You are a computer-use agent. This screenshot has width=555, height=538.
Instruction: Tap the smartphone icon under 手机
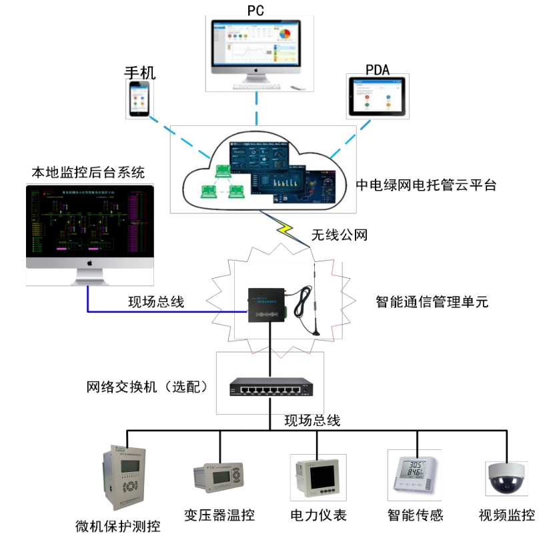(x=139, y=99)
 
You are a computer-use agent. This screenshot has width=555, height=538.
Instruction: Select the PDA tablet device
(x=378, y=98)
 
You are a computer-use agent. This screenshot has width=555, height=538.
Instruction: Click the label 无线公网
(x=340, y=235)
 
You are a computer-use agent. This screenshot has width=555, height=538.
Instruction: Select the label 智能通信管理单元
(x=432, y=302)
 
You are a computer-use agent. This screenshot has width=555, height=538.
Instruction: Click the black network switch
(x=270, y=388)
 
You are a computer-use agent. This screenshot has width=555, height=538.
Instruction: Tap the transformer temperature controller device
(x=220, y=477)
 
